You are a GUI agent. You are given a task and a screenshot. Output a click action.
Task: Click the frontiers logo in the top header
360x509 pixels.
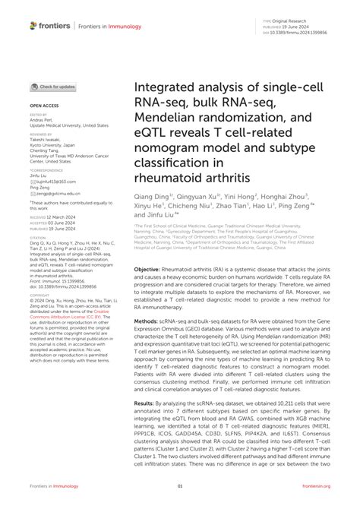pos(46,25)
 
